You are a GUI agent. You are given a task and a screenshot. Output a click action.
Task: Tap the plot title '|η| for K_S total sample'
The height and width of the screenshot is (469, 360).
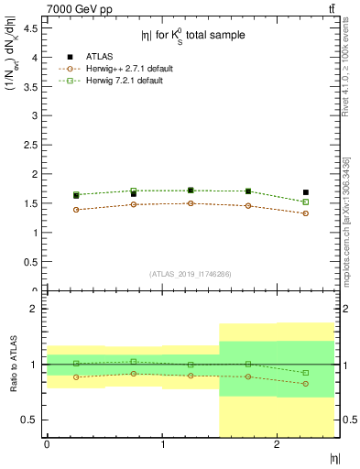(x=192, y=36)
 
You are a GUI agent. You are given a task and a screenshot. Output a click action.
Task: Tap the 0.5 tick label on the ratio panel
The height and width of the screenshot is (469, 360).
(x=30, y=420)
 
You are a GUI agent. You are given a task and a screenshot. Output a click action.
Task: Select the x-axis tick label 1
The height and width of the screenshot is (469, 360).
(x=162, y=444)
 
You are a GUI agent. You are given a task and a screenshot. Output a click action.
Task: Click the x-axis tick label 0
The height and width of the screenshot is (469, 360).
(x=47, y=444)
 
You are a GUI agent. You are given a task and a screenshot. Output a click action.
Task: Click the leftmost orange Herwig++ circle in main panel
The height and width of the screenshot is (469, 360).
(x=76, y=210)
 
